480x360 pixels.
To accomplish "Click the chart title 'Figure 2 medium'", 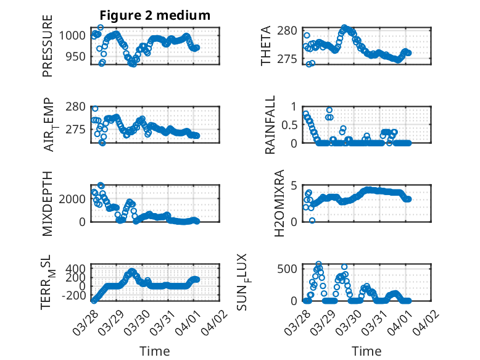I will [x=155, y=15].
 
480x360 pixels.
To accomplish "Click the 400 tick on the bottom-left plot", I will [x=77, y=268].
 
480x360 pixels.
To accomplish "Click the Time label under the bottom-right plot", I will [x=366, y=351].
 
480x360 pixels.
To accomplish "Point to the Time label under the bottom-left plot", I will [x=155, y=351].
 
